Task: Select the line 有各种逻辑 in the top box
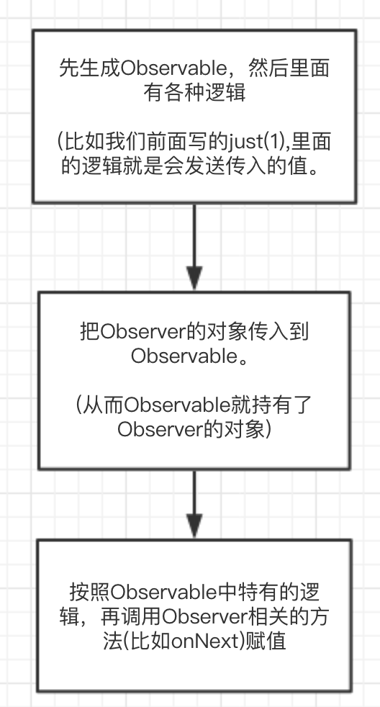click(x=195, y=93)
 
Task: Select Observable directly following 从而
click(x=167, y=406)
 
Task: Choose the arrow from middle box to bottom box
click(x=195, y=503)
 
